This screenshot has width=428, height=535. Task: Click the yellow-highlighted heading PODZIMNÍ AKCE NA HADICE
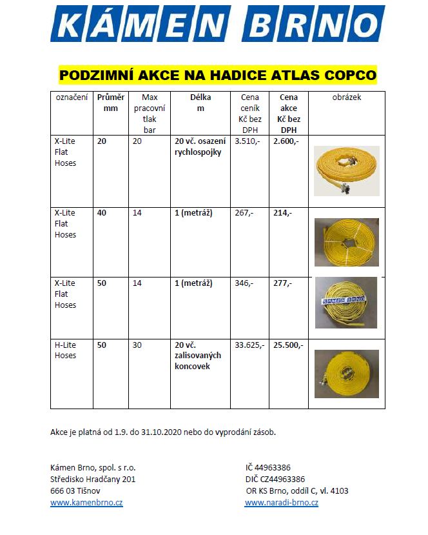tap(217, 76)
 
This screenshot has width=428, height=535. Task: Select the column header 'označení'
tap(72, 97)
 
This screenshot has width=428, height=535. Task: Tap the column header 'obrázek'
tap(347, 97)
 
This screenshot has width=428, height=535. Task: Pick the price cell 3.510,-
tap(247, 141)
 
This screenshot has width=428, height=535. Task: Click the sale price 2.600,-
tap(286, 141)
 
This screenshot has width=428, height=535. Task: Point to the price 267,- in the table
tap(244, 212)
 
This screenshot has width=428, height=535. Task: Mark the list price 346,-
tap(244, 283)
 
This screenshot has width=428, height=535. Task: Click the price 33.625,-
tap(249, 345)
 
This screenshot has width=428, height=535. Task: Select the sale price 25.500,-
tap(288, 345)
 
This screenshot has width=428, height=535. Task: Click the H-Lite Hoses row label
tap(65, 350)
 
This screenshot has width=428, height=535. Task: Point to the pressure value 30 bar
tap(137, 345)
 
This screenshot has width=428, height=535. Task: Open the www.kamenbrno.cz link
tap(86, 503)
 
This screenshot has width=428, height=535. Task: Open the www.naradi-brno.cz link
tap(281, 503)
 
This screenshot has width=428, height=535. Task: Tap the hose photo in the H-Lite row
tap(346, 374)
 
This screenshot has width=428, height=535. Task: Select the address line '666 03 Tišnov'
tap(75, 491)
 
